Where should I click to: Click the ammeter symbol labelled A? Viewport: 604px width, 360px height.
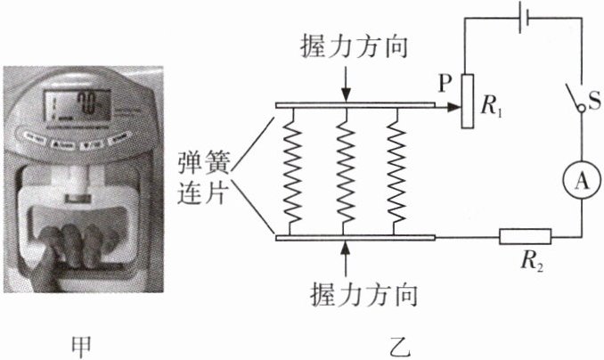pyautogui.click(x=582, y=181)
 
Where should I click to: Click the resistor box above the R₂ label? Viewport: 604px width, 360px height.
pyautogui.click(x=525, y=237)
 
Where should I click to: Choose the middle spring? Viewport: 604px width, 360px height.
pyautogui.click(x=345, y=170)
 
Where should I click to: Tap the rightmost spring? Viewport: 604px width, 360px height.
pyautogui.click(x=396, y=170)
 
